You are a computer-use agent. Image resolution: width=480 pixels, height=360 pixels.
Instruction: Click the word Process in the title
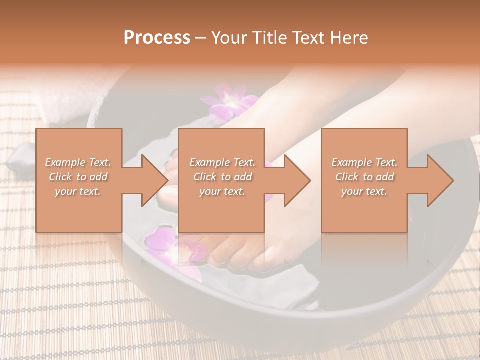click(x=157, y=38)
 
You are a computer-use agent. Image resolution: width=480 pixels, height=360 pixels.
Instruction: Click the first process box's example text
click(x=78, y=177)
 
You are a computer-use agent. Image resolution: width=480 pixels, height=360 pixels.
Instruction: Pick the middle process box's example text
click(x=222, y=177)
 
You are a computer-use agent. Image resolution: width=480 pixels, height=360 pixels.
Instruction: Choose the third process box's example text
click(x=364, y=177)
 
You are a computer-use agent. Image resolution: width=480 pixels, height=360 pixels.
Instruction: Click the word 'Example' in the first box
click(x=65, y=162)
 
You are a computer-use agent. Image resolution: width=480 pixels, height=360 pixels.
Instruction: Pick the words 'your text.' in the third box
click(x=364, y=191)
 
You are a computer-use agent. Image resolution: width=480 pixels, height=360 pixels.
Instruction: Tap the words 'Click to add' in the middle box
click(x=222, y=177)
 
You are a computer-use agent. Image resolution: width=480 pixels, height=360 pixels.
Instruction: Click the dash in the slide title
click(x=201, y=38)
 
